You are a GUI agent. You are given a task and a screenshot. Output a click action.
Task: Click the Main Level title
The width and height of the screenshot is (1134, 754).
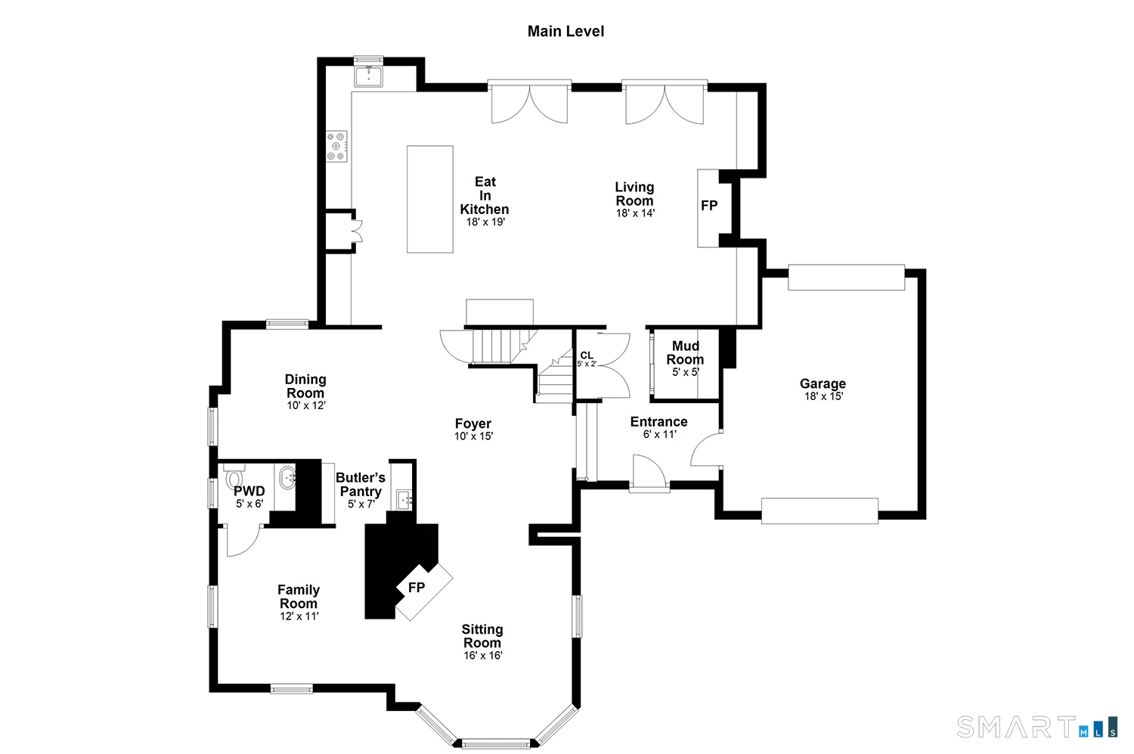565,32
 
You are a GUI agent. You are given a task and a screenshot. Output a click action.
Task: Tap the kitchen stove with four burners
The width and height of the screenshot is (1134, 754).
336,147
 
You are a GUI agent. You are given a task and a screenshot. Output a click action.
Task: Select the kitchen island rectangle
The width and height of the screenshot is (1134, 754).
430,199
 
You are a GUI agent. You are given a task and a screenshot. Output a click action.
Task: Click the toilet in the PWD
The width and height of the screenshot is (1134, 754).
234,477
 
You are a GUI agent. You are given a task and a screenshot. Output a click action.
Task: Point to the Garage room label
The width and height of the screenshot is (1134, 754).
823,384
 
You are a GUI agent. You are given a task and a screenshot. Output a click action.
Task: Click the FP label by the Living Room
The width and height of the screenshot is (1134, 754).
709,205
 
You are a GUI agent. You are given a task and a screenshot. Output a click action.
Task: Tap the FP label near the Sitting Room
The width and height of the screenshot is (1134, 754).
417,588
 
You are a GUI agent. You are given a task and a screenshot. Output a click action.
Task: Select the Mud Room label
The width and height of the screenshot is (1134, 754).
685,352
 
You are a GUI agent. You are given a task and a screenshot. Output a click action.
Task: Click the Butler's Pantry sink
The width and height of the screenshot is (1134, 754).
404,499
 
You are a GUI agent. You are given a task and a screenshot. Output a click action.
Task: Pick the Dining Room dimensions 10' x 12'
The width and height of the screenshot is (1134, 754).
305,405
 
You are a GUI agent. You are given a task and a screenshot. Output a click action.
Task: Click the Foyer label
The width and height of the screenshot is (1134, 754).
472,424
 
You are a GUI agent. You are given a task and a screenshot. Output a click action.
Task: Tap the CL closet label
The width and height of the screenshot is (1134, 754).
587,355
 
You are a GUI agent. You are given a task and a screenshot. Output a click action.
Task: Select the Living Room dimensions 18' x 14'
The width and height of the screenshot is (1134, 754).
635,213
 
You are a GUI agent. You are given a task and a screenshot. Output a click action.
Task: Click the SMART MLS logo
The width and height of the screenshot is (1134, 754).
1036,728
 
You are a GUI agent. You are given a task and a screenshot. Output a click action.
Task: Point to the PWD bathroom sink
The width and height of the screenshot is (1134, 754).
287,478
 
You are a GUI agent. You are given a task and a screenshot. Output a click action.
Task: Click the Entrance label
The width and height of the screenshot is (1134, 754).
658,422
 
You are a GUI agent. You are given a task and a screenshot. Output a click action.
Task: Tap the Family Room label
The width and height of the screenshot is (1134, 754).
299,597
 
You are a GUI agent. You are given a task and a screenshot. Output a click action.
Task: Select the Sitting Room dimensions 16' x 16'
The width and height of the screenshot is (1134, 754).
483,655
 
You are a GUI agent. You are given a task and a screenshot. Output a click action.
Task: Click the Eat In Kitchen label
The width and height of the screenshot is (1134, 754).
485,195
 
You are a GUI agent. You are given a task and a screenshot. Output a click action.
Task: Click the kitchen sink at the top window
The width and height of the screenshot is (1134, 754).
369,76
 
